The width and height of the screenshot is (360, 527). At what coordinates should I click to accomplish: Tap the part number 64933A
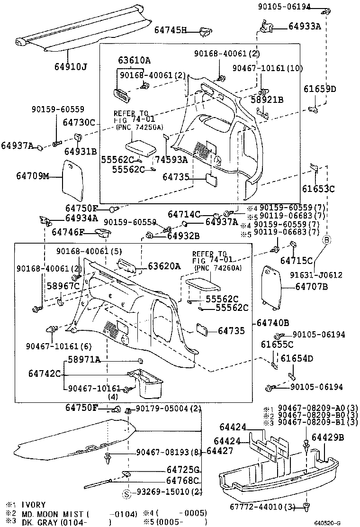[x=305, y=27]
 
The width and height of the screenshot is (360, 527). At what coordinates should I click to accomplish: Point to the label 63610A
[x=134, y=60]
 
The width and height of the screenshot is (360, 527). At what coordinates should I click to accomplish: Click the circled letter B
[x=326, y=240]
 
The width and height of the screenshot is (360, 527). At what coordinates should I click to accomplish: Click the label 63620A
[x=164, y=266]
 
